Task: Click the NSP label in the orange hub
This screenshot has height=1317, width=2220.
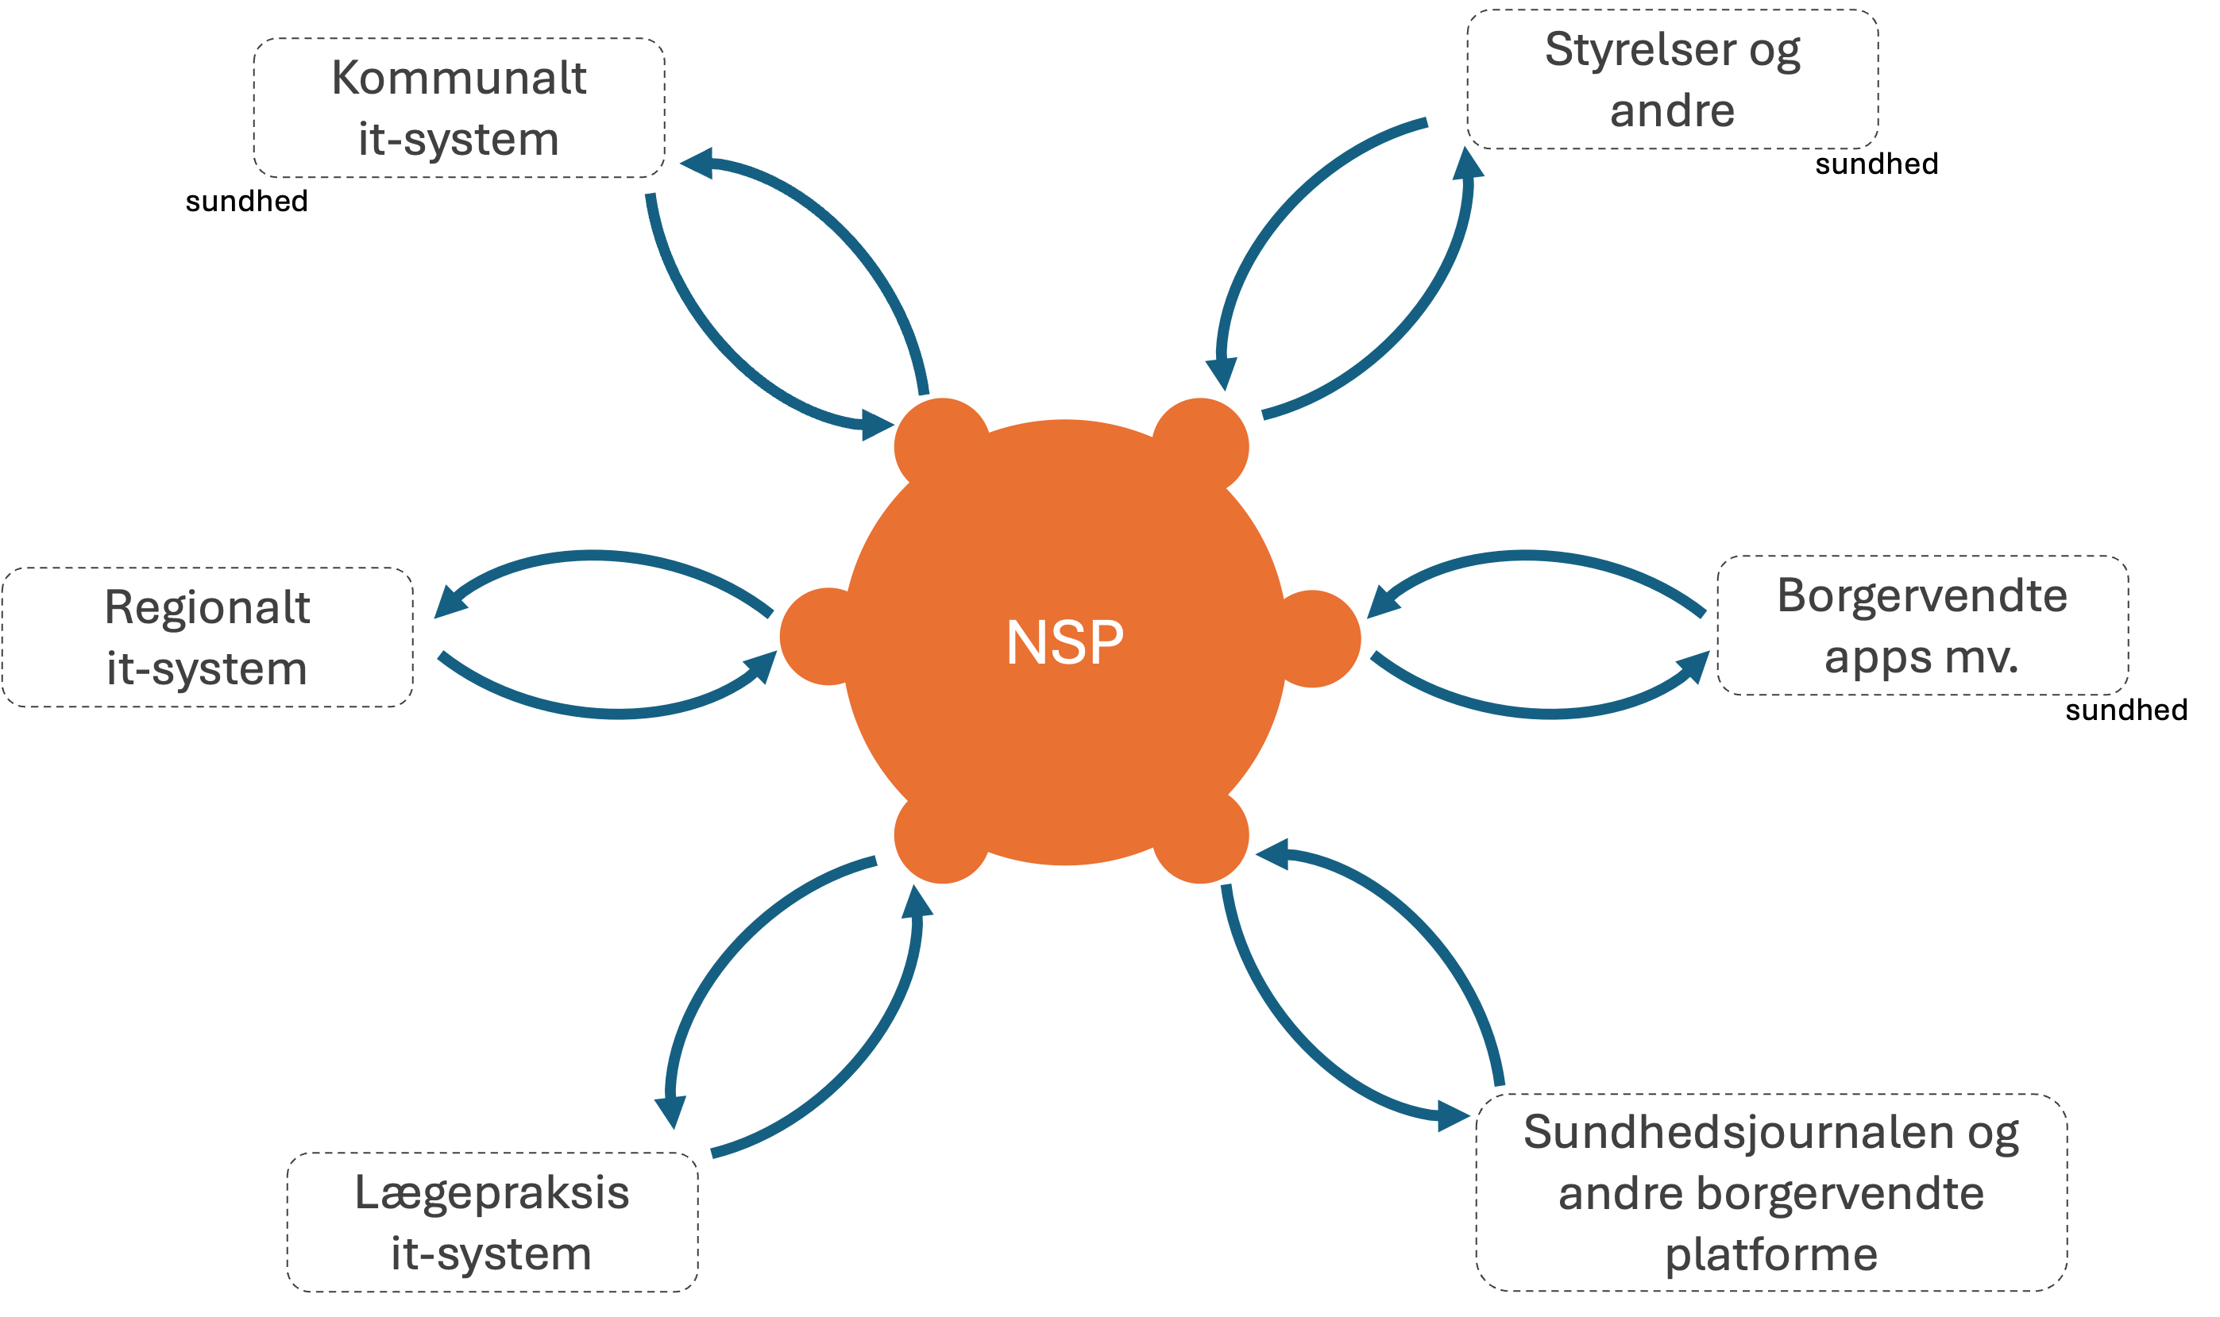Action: tap(1064, 641)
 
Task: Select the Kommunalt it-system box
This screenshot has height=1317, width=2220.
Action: tap(459, 108)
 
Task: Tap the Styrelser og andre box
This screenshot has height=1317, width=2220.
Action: tap(1672, 80)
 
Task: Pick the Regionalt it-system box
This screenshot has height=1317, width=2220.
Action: tap(207, 637)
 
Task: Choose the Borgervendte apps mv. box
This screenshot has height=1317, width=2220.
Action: tap(1923, 626)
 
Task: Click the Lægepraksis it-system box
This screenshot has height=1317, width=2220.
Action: tap(492, 1222)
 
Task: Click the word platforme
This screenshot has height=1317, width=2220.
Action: tap(1771, 1254)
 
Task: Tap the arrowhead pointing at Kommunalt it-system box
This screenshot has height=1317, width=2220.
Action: tap(697, 164)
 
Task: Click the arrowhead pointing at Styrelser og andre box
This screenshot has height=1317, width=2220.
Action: tap(1467, 165)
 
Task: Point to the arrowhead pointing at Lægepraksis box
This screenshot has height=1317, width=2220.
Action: tap(671, 1111)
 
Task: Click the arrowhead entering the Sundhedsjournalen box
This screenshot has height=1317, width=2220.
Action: tap(1453, 1115)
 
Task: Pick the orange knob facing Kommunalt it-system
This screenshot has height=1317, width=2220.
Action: tap(941, 444)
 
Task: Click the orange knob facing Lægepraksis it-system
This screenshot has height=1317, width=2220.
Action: tap(941, 836)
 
